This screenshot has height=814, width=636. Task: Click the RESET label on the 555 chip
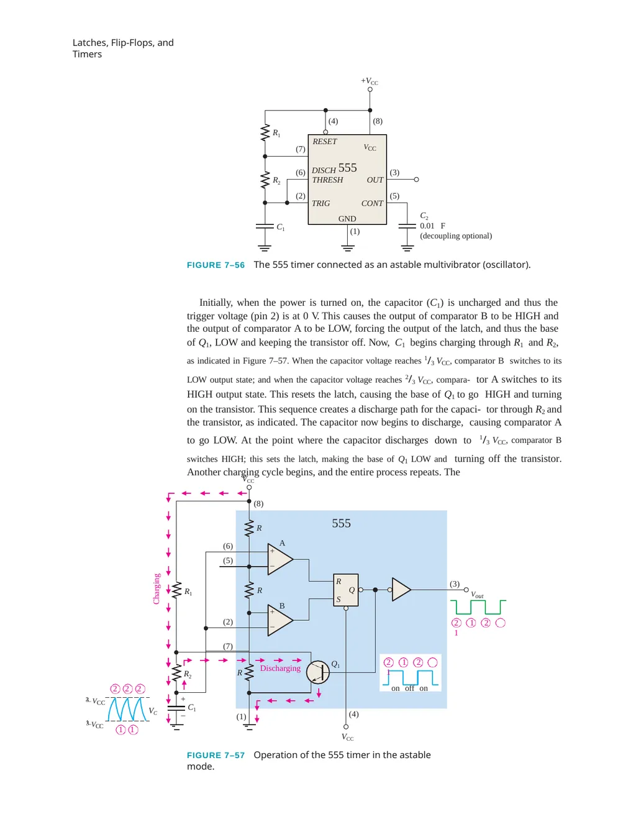pyautogui.click(x=325, y=142)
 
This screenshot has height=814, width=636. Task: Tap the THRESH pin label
pyautogui.click(x=327, y=180)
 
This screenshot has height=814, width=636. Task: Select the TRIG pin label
pyautogui.click(x=321, y=203)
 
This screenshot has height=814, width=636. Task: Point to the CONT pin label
pyautogui.click(x=372, y=203)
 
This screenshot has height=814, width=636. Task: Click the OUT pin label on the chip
pyautogui.click(x=375, y=180)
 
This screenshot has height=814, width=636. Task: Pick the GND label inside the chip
pyautogui.click(x=347, y=219)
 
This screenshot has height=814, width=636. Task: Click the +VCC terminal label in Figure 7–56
pyautogui.click(x=370, y=81)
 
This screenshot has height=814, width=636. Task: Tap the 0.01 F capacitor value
pyautogui.click(x=432, y=226)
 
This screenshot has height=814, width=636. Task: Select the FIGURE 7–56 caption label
pyautogui.click(x=216, y=265)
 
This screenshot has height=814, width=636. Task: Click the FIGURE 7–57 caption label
pyautogui.click(x=216, y=755)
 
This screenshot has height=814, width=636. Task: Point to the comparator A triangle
pyautogui.click(x=280, y=559)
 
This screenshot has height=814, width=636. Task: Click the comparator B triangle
pyautogui.click(x=280, y=620)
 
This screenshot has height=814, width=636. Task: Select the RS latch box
pyautogui.click(x=345, y=590)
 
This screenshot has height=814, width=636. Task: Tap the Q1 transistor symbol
pyautogui.click(x=318, y=672)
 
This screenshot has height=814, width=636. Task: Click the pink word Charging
pyautogui.click(x=157, y=589)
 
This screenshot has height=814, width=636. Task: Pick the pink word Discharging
pyautogui.click(x=280, y=668)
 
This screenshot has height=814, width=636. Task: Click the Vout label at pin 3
pyautogui.click(x=477, y=595)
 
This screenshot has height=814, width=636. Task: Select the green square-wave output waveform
pyautogui.click(x=478, y=607)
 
